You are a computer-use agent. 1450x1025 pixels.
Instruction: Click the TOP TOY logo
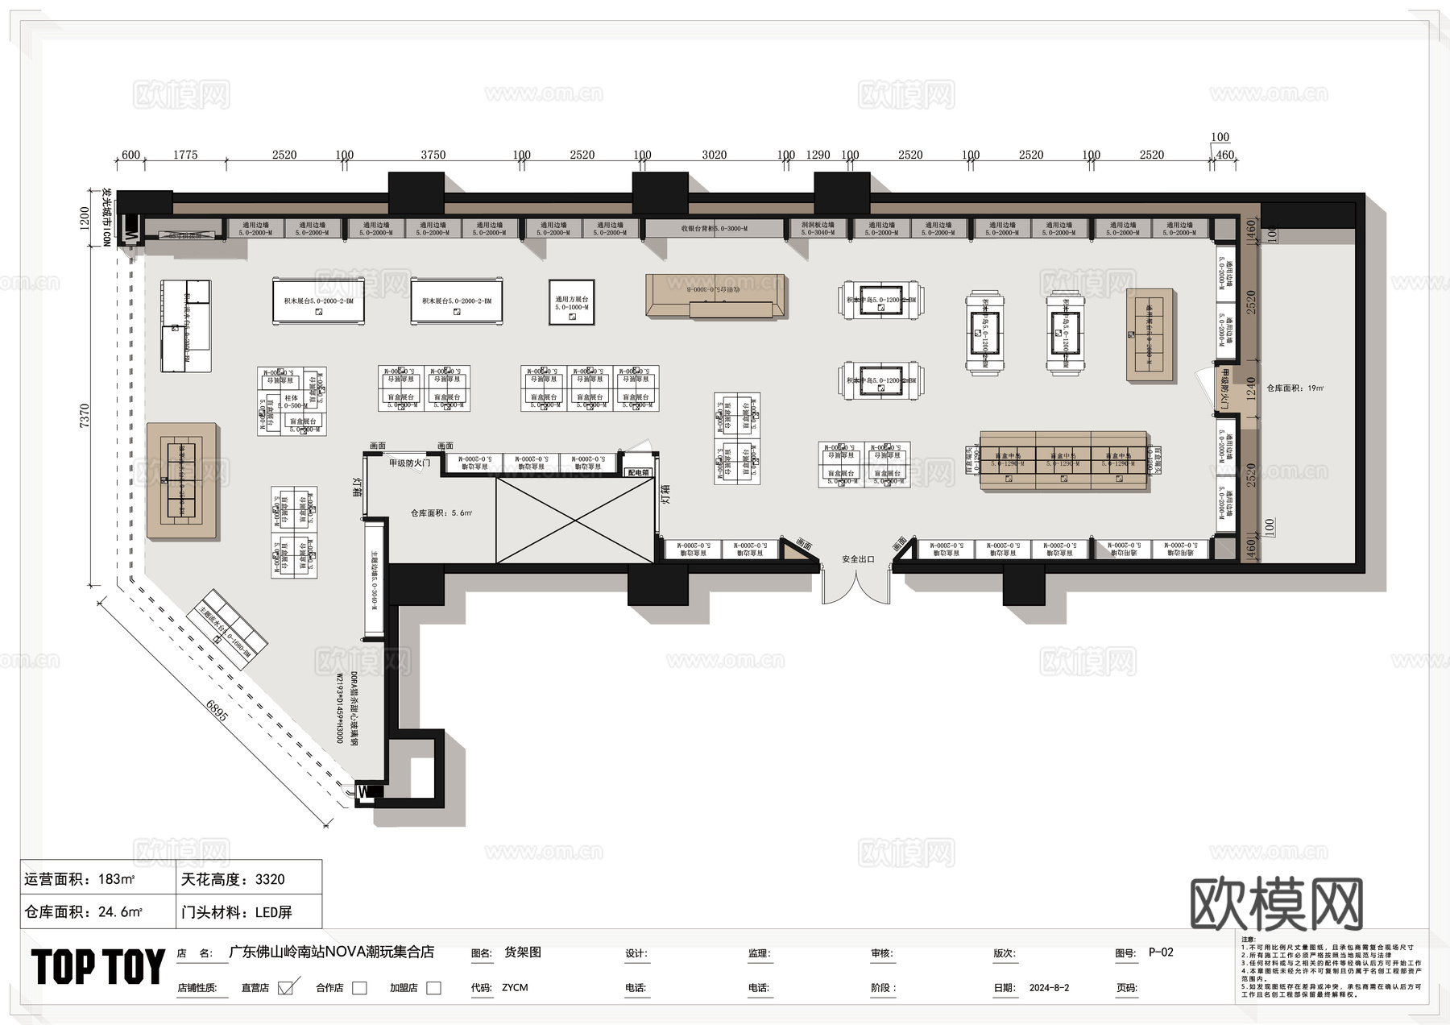coord(98,967)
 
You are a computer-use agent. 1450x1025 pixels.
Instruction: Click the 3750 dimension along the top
coord(433,155)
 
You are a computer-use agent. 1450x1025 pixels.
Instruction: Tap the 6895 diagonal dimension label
coord(217,714)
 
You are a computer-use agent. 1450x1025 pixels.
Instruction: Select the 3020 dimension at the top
coord(714,155)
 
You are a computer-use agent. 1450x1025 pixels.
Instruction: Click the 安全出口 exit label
coord(857,558)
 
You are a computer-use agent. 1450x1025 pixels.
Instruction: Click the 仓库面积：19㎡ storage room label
coord(1295,388)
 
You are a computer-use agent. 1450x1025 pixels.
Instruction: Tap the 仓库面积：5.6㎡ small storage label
coord(440,512)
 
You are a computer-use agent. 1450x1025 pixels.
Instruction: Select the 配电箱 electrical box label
coord(638,473)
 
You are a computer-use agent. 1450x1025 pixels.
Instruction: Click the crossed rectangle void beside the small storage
coord(574,520)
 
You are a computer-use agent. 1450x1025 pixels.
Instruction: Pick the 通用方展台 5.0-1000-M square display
coord(571,302)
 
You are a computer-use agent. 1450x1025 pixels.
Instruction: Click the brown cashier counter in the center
coord(715,296)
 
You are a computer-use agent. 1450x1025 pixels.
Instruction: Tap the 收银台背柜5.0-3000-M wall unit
coord(714,229)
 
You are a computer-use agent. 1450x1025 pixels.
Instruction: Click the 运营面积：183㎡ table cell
coord(97,879)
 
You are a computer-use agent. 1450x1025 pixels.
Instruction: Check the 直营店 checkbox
coord(285,988)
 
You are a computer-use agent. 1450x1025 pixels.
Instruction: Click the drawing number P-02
coord(1160,952)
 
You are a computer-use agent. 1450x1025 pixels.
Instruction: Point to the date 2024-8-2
coord(1049,988)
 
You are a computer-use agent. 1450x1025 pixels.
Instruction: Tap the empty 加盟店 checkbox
coord(433,988)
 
